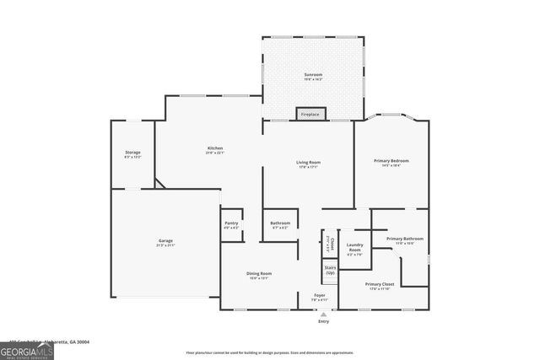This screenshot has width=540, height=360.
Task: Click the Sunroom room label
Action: tap(313, 75)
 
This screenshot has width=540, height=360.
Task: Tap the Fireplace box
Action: tap(310, 114)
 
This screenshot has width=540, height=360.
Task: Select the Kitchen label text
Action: tap(214, 148)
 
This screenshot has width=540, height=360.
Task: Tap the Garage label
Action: tap(165, 241)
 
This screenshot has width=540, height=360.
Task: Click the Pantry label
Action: tap(231, 223)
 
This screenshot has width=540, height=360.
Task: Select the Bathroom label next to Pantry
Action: tap(279, 223)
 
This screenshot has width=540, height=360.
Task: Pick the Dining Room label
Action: tap(259, 274)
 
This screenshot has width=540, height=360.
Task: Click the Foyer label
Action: tap(320, 295)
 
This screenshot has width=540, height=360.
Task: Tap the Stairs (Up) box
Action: tap(330, 271)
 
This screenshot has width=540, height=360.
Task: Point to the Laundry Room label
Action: tap(354, 247)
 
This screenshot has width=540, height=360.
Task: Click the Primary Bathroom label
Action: tap(405, 239)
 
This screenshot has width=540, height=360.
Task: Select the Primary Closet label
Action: tap(380, 285)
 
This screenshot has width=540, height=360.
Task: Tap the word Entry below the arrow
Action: tap(323, 321)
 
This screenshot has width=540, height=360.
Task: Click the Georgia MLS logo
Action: tap(27, 350)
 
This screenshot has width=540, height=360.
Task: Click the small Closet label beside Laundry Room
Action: tap(332, 243)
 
